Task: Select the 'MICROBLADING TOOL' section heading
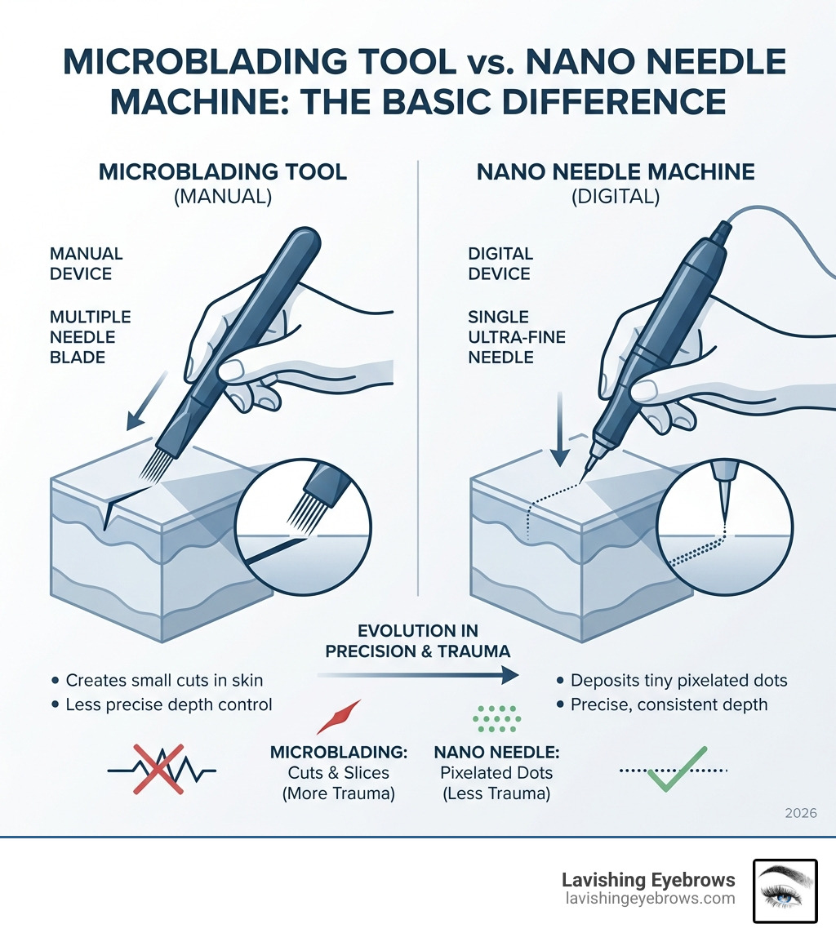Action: pyautogui.click(x=223, y=171)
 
